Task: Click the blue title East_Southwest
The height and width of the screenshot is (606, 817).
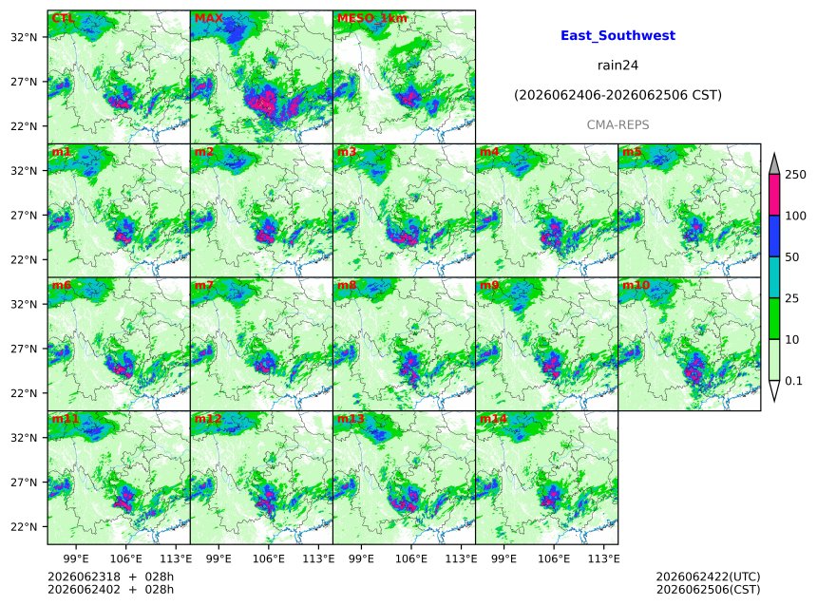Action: coord(617,35)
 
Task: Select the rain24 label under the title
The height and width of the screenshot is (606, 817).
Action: coord(617,66)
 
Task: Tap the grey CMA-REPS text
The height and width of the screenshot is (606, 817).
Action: coord(617,125)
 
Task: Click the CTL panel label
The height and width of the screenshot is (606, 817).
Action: coord(63,18)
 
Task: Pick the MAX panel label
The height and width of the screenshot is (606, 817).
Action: coord(208,18)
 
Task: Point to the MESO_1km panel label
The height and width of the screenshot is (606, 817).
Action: coord(372,18)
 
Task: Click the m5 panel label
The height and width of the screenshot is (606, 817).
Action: coord(632,152)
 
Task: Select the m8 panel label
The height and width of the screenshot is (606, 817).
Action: coord(347,285)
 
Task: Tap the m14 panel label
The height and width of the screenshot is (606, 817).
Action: coord(493,419)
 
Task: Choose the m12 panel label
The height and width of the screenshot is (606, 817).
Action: coord(207,419)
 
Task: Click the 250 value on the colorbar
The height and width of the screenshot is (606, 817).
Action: coord(795,175)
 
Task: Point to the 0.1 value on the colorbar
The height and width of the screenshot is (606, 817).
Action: coord(793,381)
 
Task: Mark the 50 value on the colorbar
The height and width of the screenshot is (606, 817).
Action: coord(792,256)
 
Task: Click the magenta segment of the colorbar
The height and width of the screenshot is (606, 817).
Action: coord(774,195)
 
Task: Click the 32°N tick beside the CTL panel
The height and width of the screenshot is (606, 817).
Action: coord(24,37)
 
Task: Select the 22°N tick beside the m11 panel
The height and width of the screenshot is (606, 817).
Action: coord(24,527)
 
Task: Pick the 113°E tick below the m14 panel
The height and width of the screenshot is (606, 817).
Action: coord(604,559)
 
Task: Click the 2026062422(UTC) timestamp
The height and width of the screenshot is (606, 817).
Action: coord(708,577)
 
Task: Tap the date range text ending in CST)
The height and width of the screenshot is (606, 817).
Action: coord(617,95)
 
